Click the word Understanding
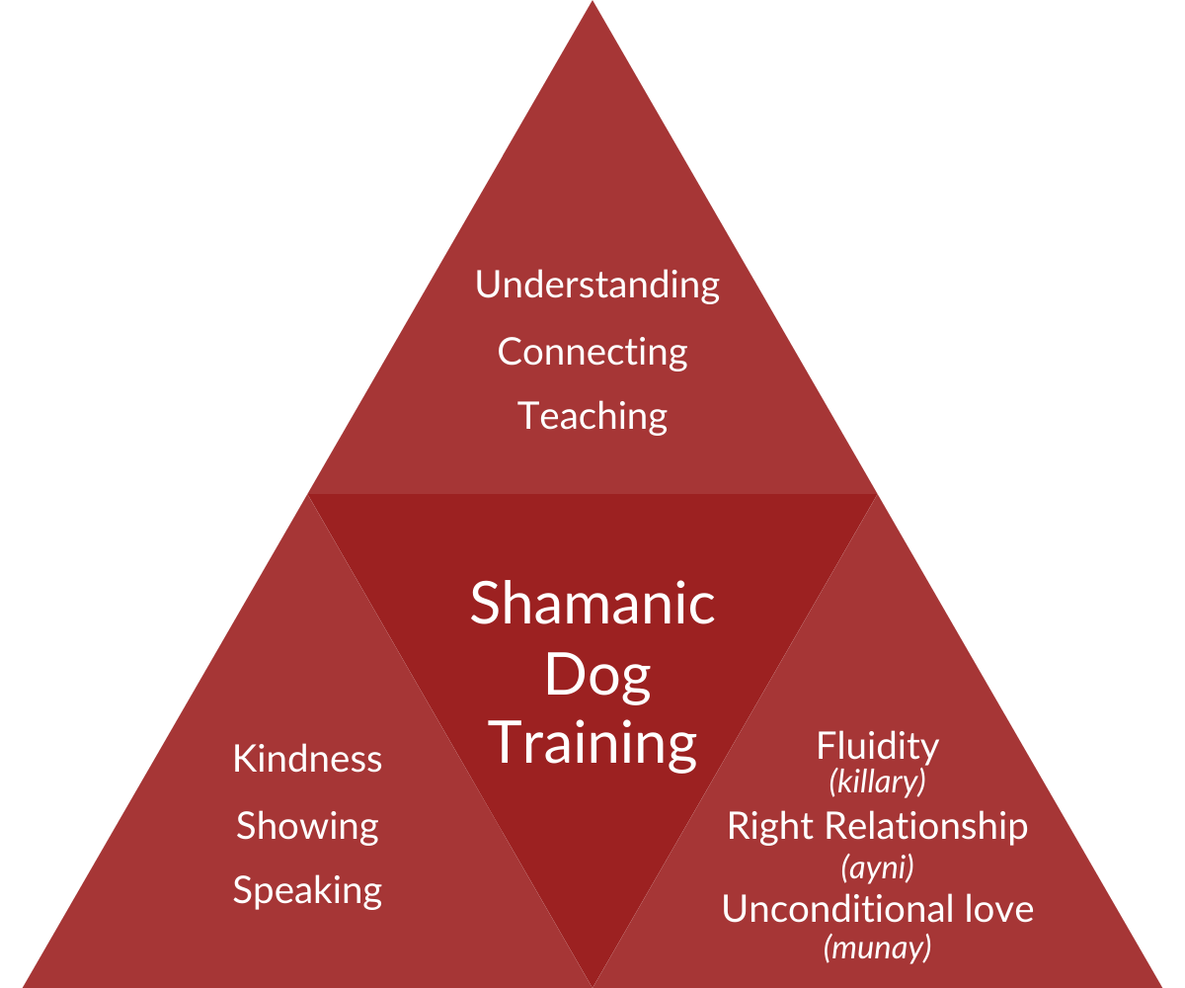click(597, 286)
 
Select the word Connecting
click(592, 352)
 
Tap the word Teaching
click(592, 416)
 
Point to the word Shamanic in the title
click(592, 604)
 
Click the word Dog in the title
click(597, 677)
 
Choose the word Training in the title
click(592, 742)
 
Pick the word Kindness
click(307, 760)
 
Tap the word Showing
click(307, 826)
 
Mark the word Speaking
click(307, 891)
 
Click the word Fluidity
click(877, 746)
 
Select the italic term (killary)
click(877, 782)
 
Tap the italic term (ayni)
click(877, 867)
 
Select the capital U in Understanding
click(487, 285)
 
